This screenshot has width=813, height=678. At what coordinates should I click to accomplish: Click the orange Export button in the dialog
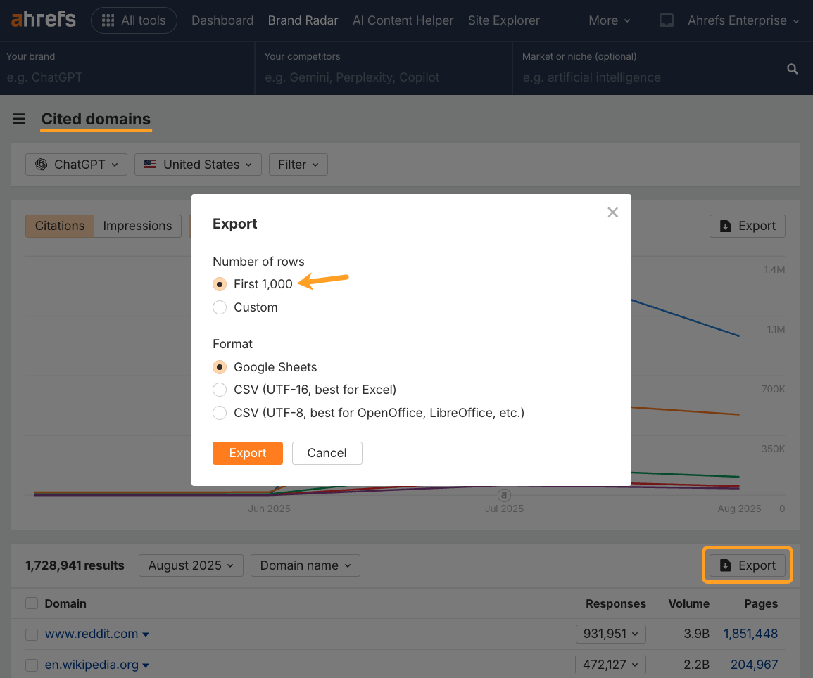click(247, 453)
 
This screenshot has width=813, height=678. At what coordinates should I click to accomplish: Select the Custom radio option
click(220, 307)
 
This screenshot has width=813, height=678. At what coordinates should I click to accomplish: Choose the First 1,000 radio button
click(220, 284)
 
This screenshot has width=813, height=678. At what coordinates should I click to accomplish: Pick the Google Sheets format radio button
click(220, 367)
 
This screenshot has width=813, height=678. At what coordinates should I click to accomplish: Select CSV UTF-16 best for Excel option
click(220, 390)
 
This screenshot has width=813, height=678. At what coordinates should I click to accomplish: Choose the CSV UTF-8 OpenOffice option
click(220, 413)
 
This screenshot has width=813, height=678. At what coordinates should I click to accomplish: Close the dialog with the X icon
click(612, 212)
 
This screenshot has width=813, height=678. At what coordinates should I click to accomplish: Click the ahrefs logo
click(44, 20)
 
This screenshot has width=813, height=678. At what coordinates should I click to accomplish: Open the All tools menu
click(134, 20)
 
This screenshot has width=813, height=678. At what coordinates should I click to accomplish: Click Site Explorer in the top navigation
click(503, 20)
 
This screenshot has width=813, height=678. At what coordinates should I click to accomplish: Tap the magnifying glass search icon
click(792, 69)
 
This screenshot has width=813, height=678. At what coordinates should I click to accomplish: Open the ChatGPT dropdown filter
click(77, 165)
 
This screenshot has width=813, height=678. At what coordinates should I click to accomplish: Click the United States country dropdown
click(198, 165)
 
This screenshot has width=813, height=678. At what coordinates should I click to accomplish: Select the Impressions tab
click(137, 226)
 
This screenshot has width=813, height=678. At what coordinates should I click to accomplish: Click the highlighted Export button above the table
click(748, 565)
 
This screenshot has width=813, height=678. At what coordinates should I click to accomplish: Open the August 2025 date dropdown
click(191, 565)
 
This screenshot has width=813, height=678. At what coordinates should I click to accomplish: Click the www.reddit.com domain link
click(92, 634)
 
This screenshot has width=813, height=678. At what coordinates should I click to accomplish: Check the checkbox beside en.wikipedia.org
click(32, 665)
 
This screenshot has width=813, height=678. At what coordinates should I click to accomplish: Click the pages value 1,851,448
click(750, 634)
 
